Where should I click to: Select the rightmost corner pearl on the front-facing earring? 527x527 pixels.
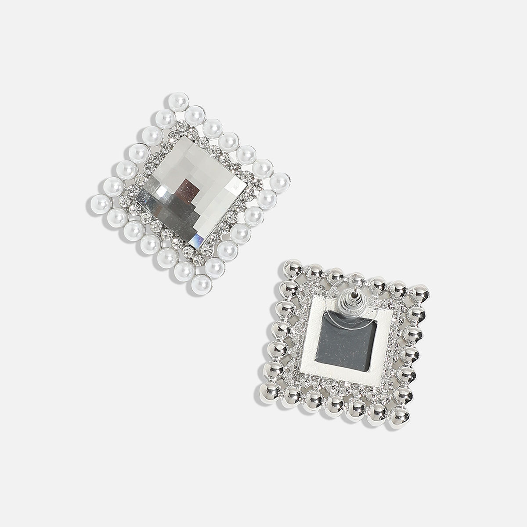tap(278, 180)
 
